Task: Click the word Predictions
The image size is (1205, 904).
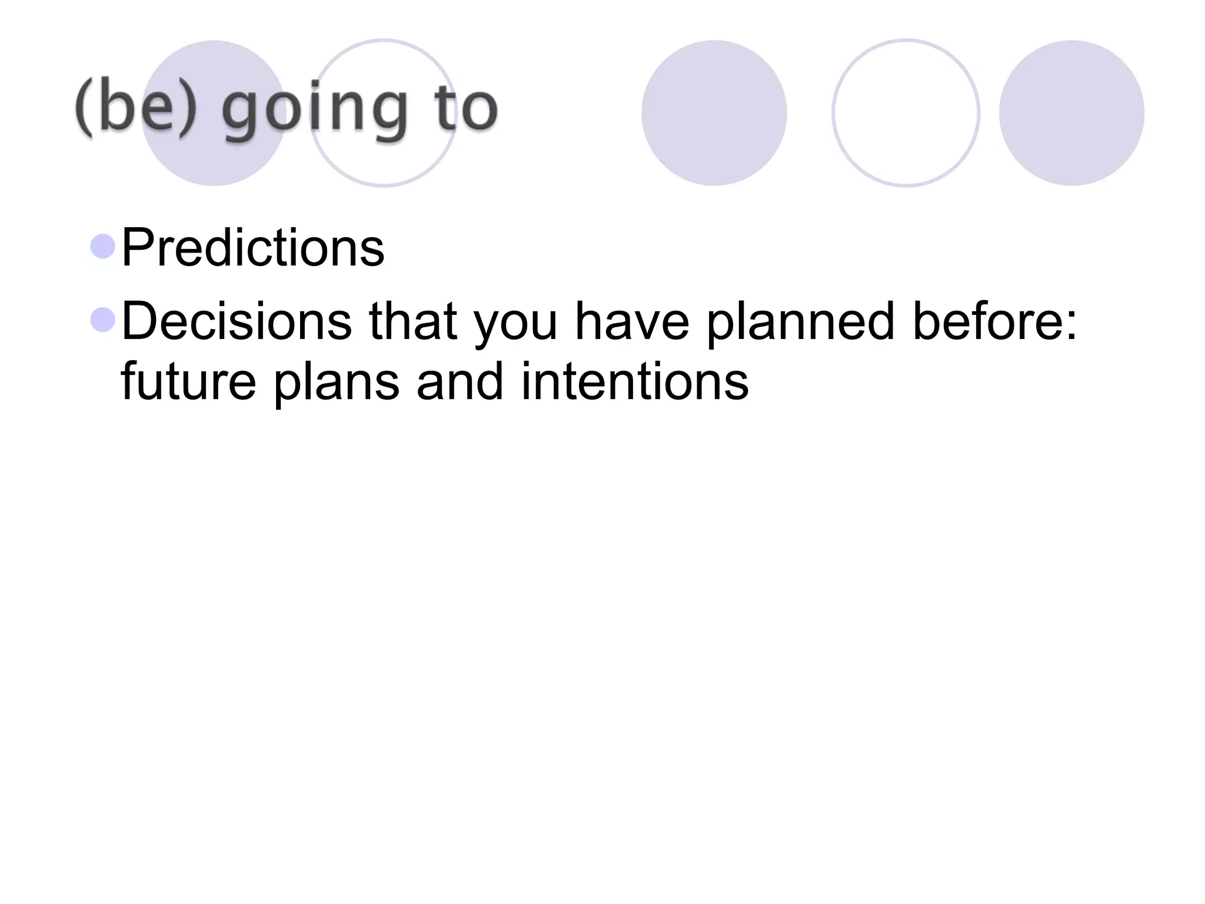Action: point(253,248)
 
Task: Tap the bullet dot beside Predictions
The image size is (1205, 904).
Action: point(103,246)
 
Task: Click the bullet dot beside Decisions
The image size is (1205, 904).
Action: point(103,320)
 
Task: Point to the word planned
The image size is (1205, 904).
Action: point(800,321)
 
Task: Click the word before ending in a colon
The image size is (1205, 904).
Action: point(994,321)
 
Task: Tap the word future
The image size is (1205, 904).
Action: point(188,381)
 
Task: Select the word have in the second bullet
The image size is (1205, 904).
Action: point(632,321)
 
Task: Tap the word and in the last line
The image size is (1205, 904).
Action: point(460,381)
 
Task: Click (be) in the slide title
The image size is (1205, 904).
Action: point(135,109)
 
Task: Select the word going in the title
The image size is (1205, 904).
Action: point(315,112)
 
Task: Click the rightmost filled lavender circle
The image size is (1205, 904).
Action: point(1071,113)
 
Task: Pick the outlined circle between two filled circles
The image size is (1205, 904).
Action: point(906,113)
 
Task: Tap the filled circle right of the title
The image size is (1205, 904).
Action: point(714,113)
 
